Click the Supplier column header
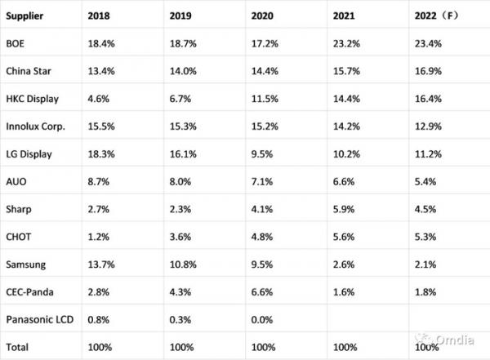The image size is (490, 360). click(24, 16)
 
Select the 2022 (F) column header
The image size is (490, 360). click(437, 16)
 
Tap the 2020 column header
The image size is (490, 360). click(262, 16)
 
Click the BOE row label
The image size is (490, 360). click(15, 43)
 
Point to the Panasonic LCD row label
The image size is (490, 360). click(40, 320)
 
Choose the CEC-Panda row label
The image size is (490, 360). click(29, 292)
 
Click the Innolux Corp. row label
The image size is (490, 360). click(36, 127)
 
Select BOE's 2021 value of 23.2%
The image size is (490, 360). click(346, 43)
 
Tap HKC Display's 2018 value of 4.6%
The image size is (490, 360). click(99, 99)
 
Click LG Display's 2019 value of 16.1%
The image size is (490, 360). click(183, 154)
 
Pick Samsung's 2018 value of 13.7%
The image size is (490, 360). click(101, 264)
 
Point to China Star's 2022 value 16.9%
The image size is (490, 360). click(428, 71)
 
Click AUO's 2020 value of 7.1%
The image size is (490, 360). click(262, 181)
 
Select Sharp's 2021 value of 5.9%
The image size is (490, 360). click(344, 209)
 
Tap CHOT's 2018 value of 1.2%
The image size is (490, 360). click(99, 237)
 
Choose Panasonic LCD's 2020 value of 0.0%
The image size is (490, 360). click(262, 320)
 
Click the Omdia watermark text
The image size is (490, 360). click(455, 340)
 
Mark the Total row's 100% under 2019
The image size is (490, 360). click(181, 347)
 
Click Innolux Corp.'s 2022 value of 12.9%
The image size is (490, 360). click(428, 127)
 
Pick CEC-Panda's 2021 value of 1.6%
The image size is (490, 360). click(344, 292)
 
